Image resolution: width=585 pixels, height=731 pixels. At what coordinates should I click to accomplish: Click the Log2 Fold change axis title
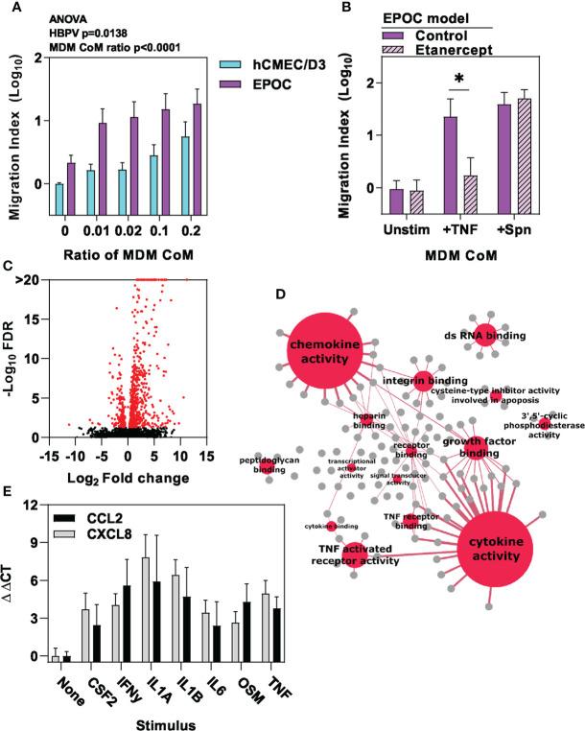click(x=128, y=477)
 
